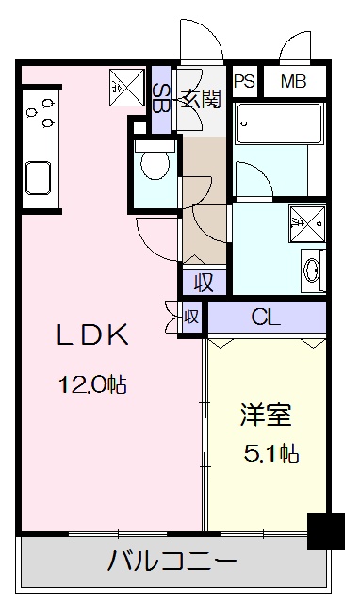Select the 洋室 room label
[x=266, y=416]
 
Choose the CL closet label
[x=266, y=317]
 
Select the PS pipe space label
[x=245, y=81]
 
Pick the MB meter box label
[x=294, y=81]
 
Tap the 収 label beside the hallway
[x=204, y=282]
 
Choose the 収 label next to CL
[x=190, y=317]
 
